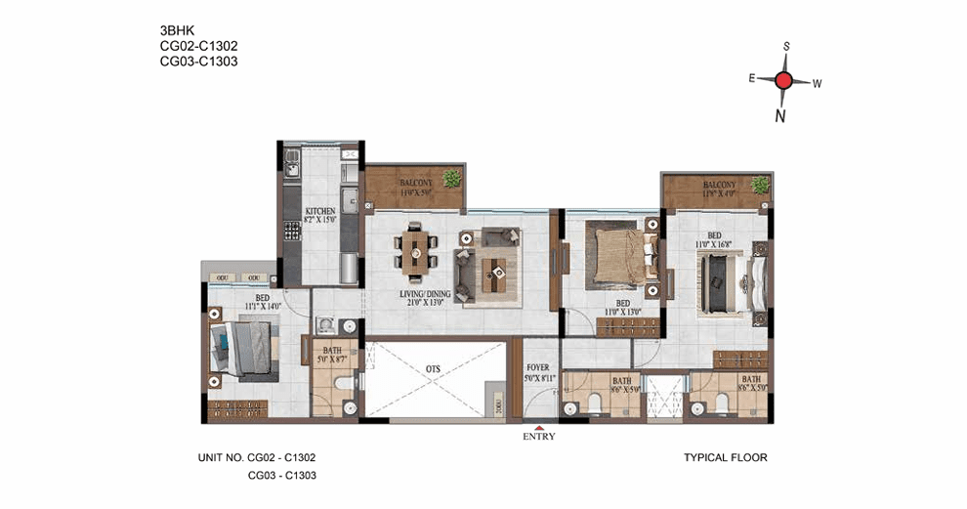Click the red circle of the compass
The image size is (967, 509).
(783, 81)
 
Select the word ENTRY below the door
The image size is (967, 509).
(539, 436)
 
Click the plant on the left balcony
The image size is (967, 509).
(451, 178)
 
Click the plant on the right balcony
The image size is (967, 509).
(759, 185)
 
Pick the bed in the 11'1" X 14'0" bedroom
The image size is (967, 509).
(245, 351)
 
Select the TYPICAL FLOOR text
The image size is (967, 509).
(725, 456)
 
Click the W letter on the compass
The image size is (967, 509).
(817, 84)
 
